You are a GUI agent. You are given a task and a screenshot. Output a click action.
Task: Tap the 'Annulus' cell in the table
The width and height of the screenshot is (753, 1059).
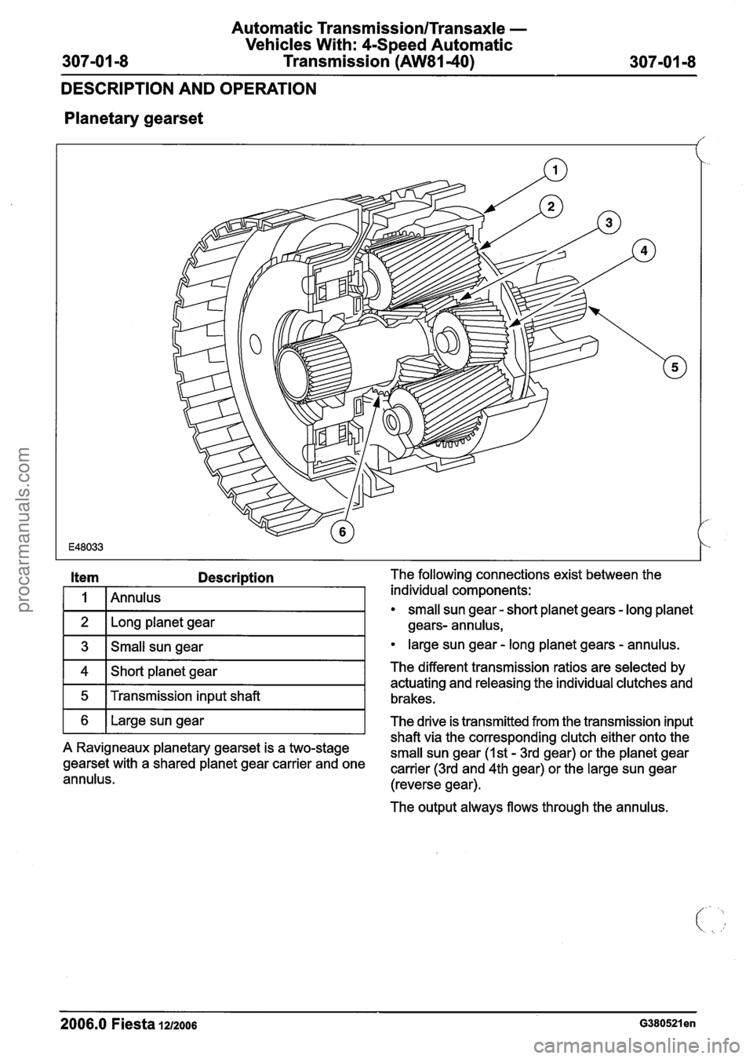tap(136, 598)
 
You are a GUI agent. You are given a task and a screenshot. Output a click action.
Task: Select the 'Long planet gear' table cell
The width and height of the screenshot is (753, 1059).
tap(163, 623)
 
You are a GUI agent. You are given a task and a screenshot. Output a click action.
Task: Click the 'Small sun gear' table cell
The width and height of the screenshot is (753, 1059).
tap(157, 648)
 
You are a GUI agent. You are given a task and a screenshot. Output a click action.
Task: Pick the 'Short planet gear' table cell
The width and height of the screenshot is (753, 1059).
tap(164, 672)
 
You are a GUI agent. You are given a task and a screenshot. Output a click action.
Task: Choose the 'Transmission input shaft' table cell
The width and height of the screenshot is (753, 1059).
tap(185, 696)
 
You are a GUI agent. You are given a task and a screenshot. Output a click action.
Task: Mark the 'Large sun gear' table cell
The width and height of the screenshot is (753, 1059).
tap(158, 721)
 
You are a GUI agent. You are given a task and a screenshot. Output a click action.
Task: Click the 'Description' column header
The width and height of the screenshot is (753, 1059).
tap(236, 578)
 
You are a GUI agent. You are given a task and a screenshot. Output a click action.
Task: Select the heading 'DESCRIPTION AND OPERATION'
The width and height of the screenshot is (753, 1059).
tap(188, 89)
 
